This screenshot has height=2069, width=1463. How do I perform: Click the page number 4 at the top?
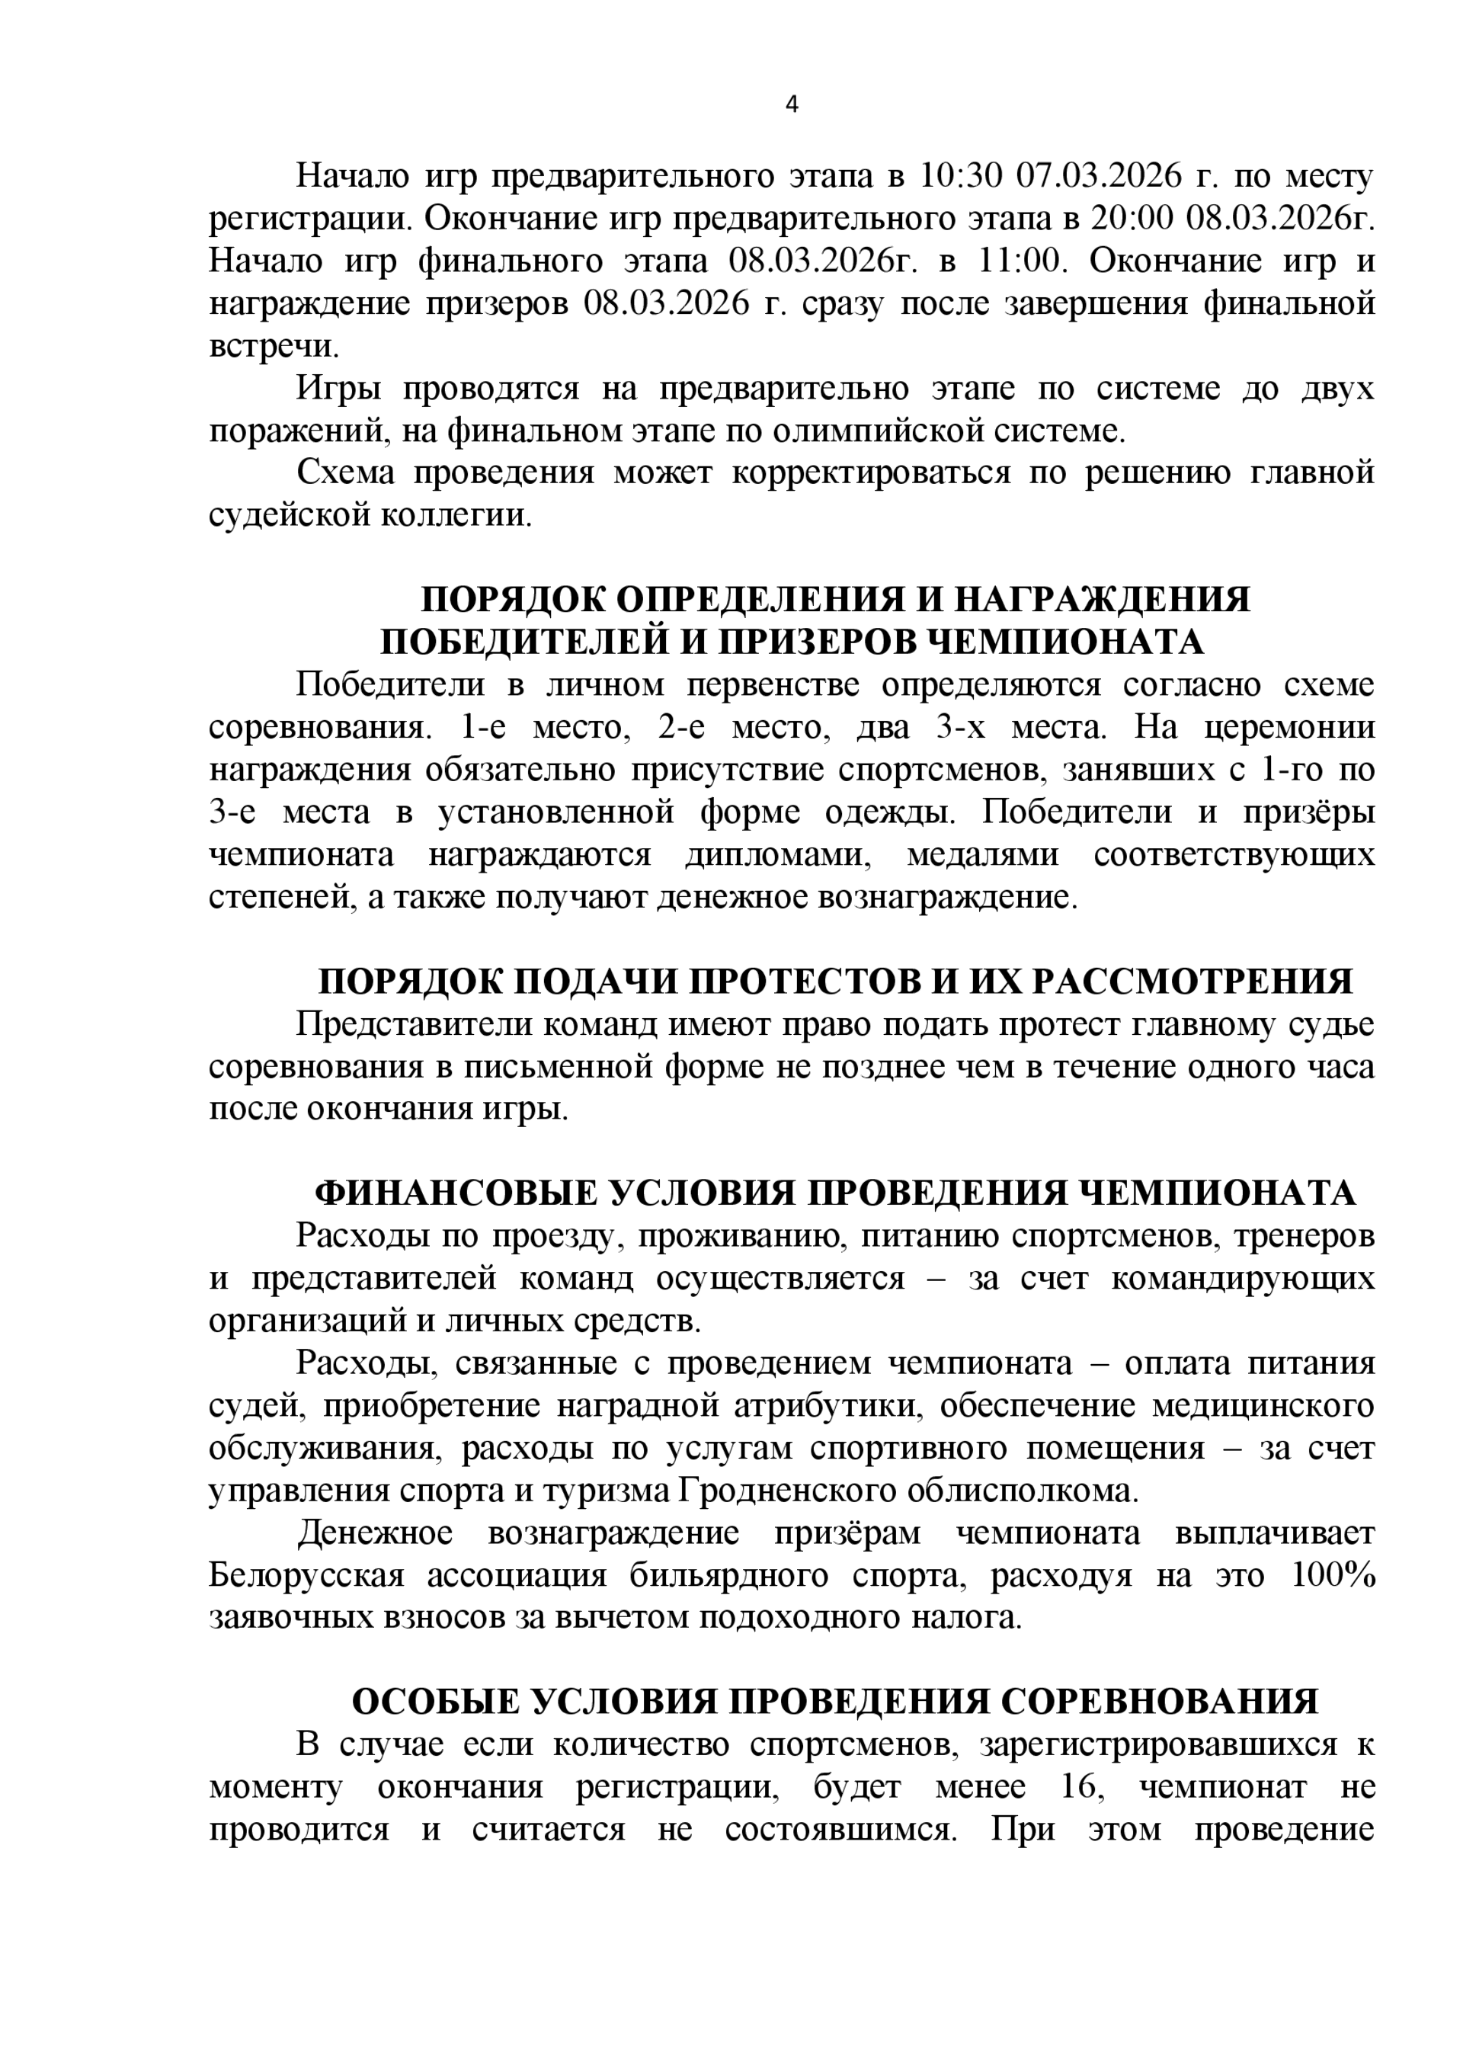coord(792,105)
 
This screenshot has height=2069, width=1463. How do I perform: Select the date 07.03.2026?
coord(1098,176)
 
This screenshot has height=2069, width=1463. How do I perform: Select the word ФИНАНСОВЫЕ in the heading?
coord(455,1193)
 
